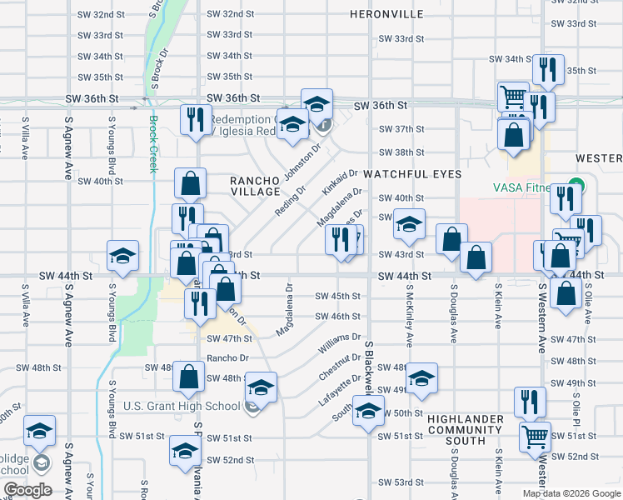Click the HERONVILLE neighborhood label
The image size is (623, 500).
click(x=387, y=14)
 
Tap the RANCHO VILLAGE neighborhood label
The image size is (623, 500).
click(x=256, y=186)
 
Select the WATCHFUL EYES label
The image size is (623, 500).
click(x=411, y=174)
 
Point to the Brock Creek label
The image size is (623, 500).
click(x=152, y=143)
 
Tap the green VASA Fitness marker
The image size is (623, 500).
click(x=574, y=186)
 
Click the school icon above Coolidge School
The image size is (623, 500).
click(x=39, y=431)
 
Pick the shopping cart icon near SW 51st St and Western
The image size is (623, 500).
click(x=535, y=436)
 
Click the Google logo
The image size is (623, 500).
click(x=27, y=490)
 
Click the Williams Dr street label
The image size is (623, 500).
click(x=339, y=343)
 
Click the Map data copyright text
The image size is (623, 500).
click(x=572, y=493)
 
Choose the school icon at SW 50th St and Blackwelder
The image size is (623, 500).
click(x=368, y=411)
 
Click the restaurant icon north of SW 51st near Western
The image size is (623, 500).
click(x=530, y=402)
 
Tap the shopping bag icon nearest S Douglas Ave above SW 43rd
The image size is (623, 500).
click(x=451, y=239)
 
